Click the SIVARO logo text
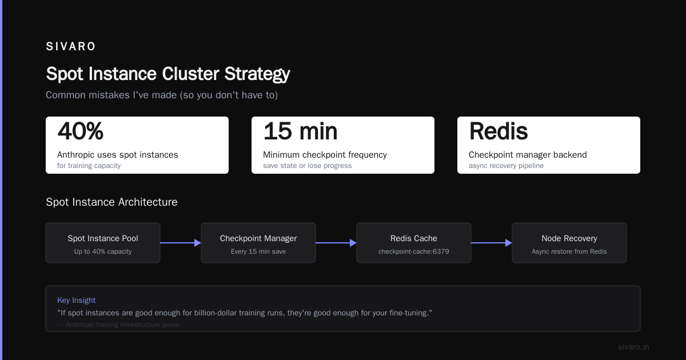tap(70, 46)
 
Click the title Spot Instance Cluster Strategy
tap(168, 74)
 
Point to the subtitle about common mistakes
tap(162, 95)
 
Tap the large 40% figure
tap(80, 131)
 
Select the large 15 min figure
tap(300, 131)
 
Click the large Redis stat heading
tap(498, 131)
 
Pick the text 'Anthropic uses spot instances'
tap(118, 155)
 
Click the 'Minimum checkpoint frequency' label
tap(325, 155)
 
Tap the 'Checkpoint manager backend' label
tap(528, 155)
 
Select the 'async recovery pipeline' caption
tap(506, 166)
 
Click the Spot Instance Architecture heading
tap(111, 202)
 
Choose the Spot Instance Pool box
tap(103, 243)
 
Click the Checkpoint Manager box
tap(258, 243)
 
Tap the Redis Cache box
tap(414, 243)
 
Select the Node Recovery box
tap(569, 243)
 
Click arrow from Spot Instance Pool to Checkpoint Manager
tap(181, 243)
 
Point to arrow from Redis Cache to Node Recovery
tap(492, 243)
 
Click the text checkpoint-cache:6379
tap(414, 251)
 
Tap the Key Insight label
tap(76, 301)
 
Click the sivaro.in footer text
tap(633, 347)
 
